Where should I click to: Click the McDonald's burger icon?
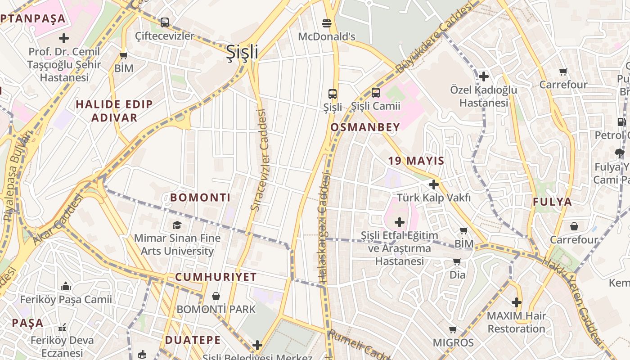coord(327,23)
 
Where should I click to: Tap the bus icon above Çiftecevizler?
coord(165,22)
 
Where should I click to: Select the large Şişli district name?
coord(242,52)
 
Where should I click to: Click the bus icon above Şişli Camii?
coord(375,93)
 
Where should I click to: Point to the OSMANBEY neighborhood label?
coord(365,127)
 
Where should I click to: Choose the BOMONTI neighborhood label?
coord(200,198)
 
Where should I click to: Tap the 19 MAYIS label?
coord(416,161)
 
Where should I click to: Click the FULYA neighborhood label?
coord(553,202)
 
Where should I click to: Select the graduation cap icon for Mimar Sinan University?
coord(177,225)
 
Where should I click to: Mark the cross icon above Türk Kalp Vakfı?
coord(434,184)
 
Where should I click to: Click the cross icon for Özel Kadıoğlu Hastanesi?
coord(484,76)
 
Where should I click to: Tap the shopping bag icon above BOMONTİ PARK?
coord(216,296)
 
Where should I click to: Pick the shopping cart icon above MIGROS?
coord(453,330)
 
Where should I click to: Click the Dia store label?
coord(458,274)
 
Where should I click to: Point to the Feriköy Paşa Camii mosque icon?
coord(66,286)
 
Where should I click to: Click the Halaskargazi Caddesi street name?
coord(324,229)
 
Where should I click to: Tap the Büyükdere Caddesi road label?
coord(435,38)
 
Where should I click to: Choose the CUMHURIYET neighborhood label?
coord(216,277)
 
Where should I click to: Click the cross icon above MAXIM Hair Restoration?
coord(517,302)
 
